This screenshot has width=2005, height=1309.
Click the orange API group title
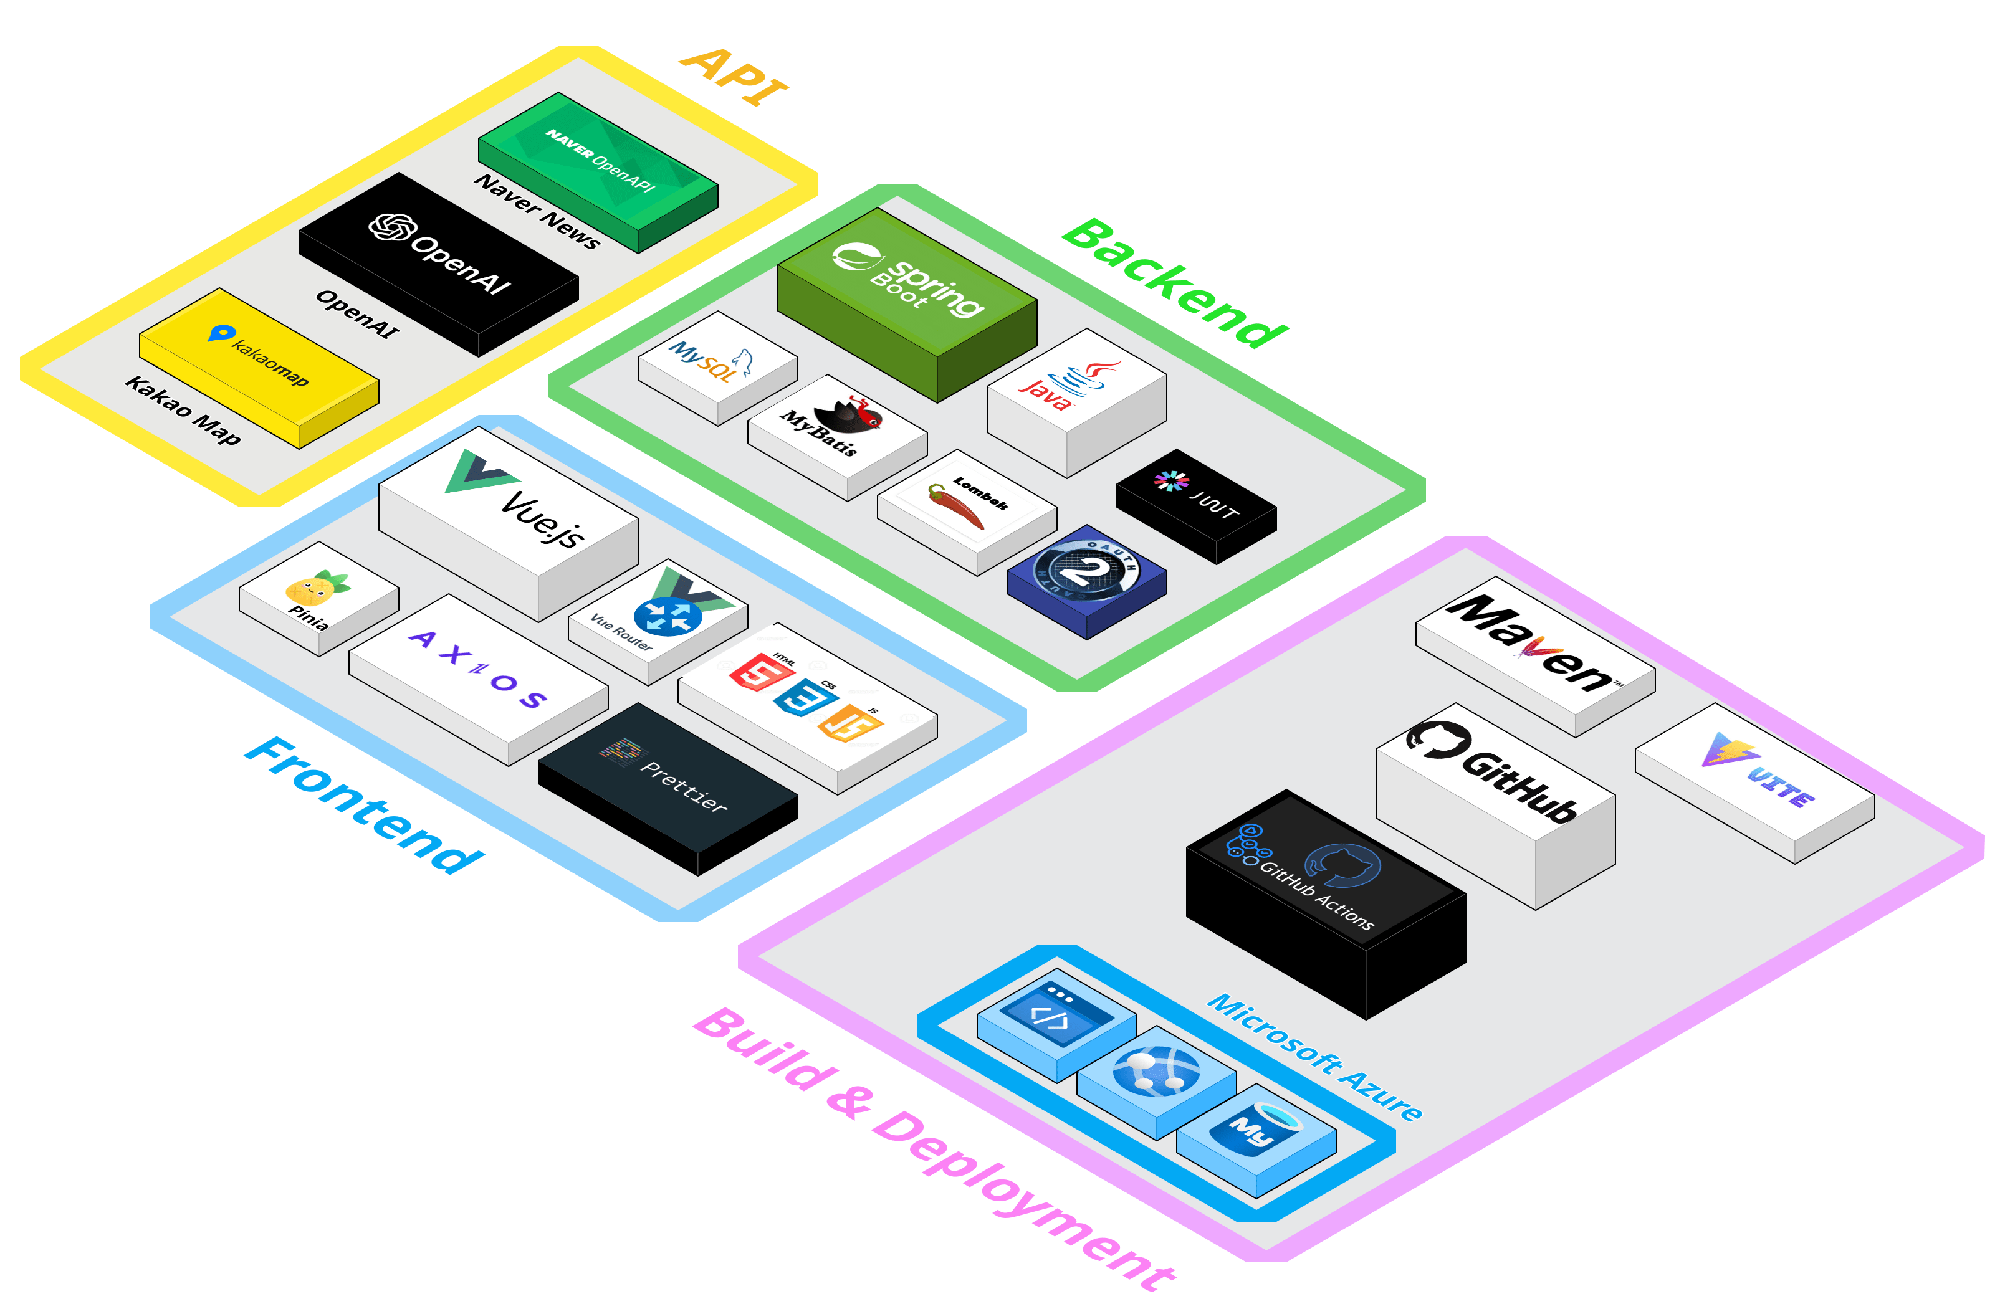734,77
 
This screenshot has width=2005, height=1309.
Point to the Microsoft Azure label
1314,1057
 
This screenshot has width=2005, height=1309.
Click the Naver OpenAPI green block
598,160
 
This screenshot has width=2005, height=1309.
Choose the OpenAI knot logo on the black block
393,227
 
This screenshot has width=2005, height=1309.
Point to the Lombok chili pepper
955,505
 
